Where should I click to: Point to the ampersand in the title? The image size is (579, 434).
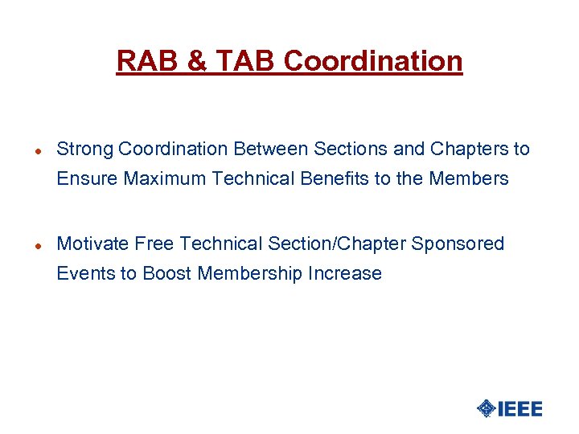click(195, 61)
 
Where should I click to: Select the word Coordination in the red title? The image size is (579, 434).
click(373, 61)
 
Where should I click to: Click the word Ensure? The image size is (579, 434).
click(87, 178)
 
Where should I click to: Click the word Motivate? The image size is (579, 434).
click(92, 244)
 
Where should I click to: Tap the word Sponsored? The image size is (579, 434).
click(458, 244)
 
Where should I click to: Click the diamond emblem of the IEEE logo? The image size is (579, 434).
click(487, 408)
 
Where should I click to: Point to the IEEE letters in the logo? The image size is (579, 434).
click(520, 408)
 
